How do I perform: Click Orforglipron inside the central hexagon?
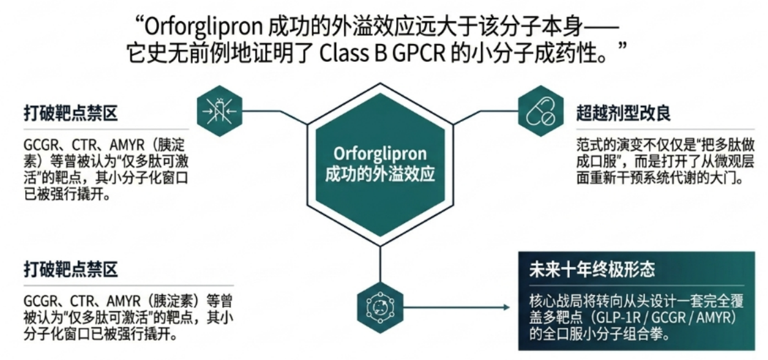[x=380, y=154]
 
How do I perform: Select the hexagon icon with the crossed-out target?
[x=219, y=111]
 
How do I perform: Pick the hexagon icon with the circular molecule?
[x=380, y=306]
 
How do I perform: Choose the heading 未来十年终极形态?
[x=592, y=270]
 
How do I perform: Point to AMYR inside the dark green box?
[x=714, y=318]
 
